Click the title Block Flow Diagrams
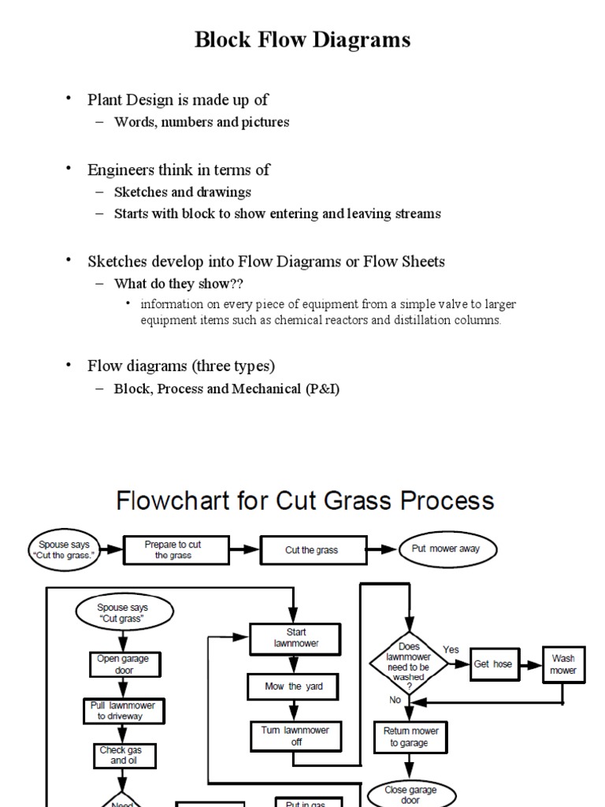tap(302, 39)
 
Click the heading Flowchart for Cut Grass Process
tap(305, 501)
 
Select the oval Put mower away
tap(450, 549)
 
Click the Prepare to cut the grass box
tap(174, 549)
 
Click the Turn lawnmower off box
tap(295, 735)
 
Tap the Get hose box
tap(492, 664)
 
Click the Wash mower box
tap(563, 664)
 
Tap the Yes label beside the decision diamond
tap(451, 650)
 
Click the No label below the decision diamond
tap(395, 700)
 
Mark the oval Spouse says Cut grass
tap(123, 613)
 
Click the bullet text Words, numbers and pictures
tap(202, 122)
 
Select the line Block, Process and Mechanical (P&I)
tap(227, 389)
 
